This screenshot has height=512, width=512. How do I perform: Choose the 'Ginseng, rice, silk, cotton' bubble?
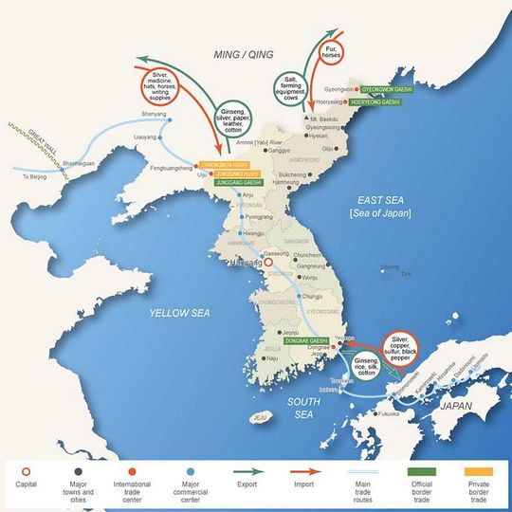click(365, 370)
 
